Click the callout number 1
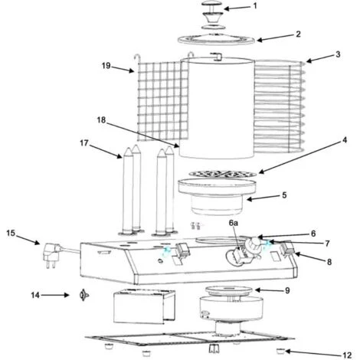point(254,6)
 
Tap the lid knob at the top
point(212,15)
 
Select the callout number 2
point(298,34)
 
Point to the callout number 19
point(106,66)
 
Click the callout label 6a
point(233,223)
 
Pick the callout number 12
point(347,355)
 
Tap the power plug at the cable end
point(53,255)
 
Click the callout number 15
point(11,233)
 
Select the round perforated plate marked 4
point(223,174)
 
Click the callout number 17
point(84,143)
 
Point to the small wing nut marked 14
point(83,295)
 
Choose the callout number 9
point(287,290)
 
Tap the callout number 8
point(329,262)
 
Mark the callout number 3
point(338,54)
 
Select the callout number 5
point(284,195)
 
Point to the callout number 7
point(327,244)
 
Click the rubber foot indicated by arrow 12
point(281,352)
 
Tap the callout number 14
point(35,295)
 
